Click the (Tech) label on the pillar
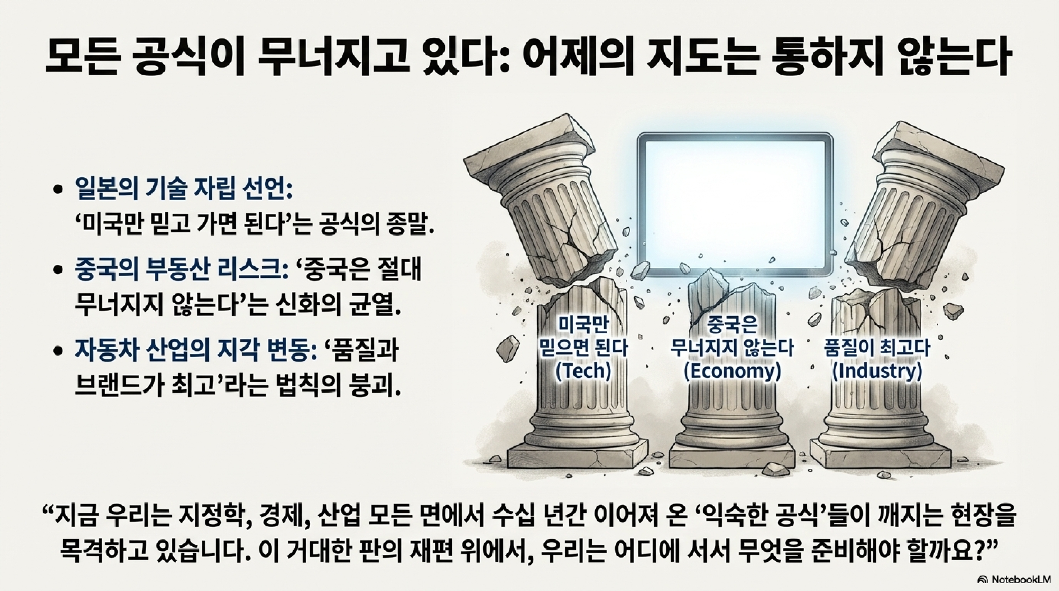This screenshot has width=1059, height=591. click(x=583, y=371)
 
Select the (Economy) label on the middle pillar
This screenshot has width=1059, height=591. click(x=732, y=371)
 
